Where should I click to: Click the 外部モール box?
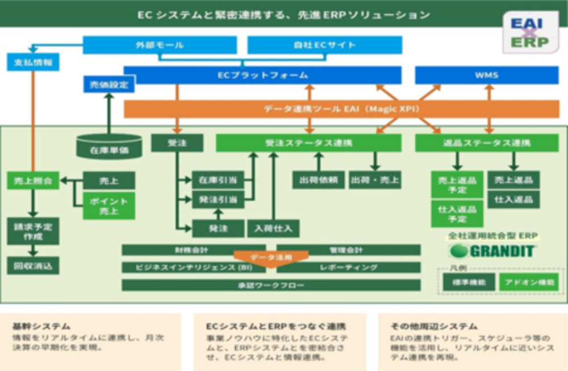pos(160,45)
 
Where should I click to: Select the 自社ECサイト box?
pos(324,45)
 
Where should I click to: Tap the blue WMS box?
pos(487,75)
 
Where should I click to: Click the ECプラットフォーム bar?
pos(262,75)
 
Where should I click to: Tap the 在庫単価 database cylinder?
pos(109,148)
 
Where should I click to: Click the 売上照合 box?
pos(33,181)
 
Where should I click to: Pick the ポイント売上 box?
pos(109,206)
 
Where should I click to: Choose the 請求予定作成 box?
pos(33,231)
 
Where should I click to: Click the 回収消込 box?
pos(33,265)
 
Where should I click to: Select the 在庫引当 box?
pos(218,180)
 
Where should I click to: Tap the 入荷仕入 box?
pos(273,228)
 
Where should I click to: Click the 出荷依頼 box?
pos(318,180)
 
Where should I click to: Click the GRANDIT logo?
pos(492,251)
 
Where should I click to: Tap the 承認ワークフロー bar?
pos(271,285)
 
